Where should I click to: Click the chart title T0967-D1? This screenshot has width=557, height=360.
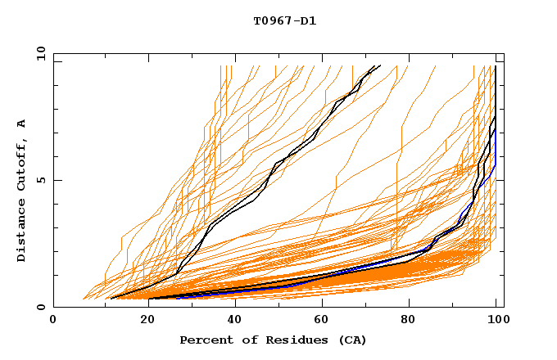284,20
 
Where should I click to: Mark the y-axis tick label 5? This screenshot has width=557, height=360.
41,180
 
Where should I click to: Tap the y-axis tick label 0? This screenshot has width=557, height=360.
41,307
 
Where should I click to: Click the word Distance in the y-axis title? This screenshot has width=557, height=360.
22,232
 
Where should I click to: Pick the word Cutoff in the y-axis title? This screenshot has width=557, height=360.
22,168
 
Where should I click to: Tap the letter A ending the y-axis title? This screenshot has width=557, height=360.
22,124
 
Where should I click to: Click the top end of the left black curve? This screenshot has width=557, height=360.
378,66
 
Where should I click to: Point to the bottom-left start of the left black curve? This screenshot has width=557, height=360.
111,298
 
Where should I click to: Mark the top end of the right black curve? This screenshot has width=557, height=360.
496,67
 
